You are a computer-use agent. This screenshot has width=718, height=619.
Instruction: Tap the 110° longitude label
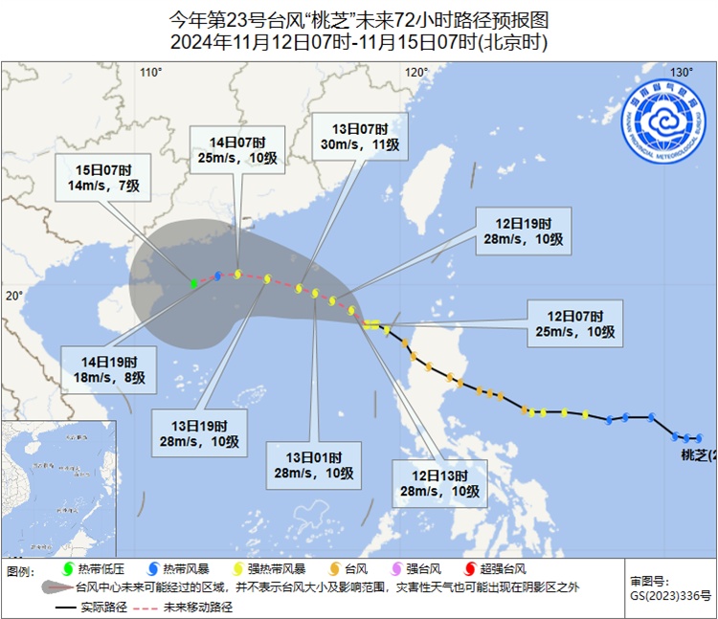(x=150, y=73)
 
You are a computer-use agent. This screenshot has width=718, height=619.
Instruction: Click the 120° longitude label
(x=415, y=73)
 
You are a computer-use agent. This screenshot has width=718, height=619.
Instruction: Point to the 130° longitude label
(x=681, y=73)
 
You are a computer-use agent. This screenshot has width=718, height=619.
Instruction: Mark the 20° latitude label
(x=12, y=296)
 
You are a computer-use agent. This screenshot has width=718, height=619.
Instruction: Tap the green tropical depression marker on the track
(x=193, y=283)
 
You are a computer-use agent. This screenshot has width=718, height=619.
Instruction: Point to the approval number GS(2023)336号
(x=670, y=596)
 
